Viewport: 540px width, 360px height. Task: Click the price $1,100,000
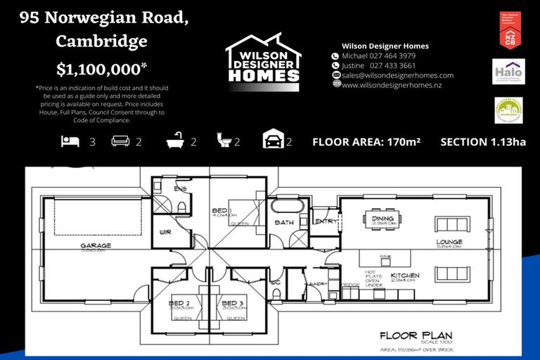click(101, 69)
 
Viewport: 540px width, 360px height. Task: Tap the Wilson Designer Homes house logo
click(263, 59)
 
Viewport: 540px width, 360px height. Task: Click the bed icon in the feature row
click(70, 142)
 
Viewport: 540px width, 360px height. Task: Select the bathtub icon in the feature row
click(174, 142)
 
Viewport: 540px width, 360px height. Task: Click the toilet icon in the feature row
click(223, 142)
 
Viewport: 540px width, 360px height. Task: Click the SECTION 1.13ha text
click(482, 142)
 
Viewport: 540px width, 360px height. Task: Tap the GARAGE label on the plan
click(96, 246)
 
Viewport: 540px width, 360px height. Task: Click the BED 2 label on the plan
click(180, 303)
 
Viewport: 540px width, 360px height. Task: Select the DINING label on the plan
click(382, 219)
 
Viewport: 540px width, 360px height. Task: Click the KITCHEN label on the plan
click(405, 275)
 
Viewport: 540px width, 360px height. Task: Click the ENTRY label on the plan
click(326, 221)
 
